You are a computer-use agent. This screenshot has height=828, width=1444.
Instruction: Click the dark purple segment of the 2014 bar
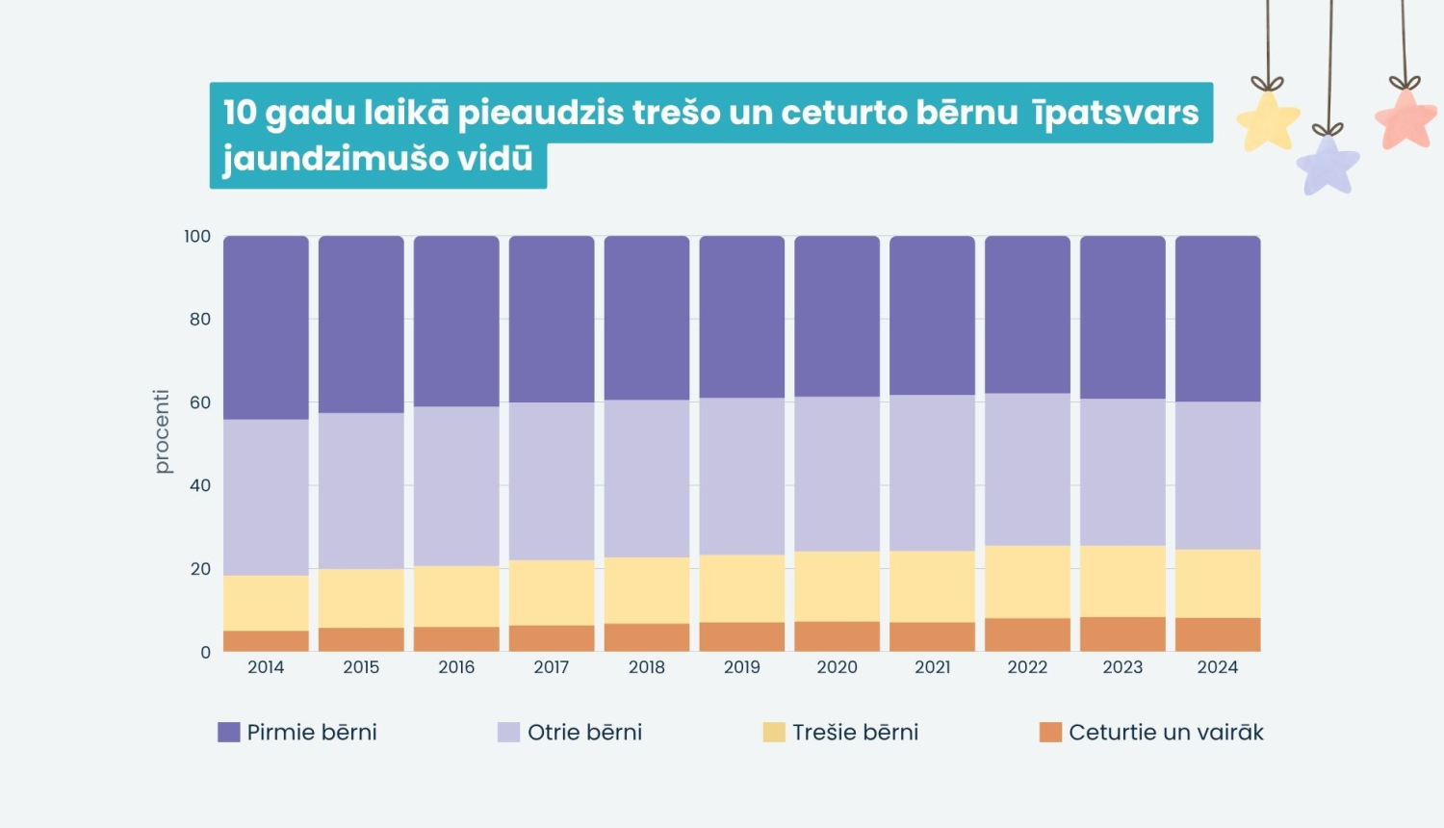click(266, 327)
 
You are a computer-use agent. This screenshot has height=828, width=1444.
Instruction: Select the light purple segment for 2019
click(741, 476)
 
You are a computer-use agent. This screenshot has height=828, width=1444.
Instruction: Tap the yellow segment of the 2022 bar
click(1027, 582)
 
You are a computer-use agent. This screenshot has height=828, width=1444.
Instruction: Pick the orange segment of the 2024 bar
click(1218, 634)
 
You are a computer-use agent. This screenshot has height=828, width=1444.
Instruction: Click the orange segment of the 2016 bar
click(456, 639)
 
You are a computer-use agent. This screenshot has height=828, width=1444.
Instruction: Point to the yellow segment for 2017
click(552, 592)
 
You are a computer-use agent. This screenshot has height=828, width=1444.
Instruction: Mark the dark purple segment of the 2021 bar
click(932, 315)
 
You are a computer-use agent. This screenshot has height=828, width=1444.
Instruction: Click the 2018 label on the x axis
click(647, 667)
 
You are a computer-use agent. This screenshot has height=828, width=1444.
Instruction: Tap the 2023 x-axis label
click(1122, 667)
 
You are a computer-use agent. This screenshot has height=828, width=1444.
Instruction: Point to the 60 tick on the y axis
click(199, 402)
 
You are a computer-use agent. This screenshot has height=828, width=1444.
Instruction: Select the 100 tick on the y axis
click(197, 237)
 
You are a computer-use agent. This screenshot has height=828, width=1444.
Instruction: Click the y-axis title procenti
click(162, 431)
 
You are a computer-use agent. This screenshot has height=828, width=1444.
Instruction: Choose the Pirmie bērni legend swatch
click(229, 733)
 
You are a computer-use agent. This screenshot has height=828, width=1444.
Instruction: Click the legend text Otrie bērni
click(584, 733)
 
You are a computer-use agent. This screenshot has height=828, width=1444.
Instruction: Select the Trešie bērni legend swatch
click(774, 733)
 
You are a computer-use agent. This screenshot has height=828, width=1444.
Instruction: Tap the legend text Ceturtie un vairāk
click(1166, 733)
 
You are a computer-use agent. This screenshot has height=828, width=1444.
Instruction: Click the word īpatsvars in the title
click(1116, 113)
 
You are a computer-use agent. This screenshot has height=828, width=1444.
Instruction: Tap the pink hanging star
click(1406, 119)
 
